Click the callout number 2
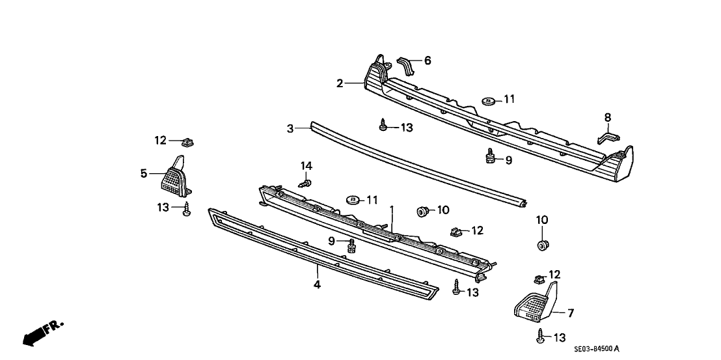340,83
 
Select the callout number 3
290,129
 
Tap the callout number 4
317,284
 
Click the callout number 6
428,61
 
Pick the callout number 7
570,313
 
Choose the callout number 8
608,117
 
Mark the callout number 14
306,166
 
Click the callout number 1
392,210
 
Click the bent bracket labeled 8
608,137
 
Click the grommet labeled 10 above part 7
541,245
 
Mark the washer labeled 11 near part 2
487,101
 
